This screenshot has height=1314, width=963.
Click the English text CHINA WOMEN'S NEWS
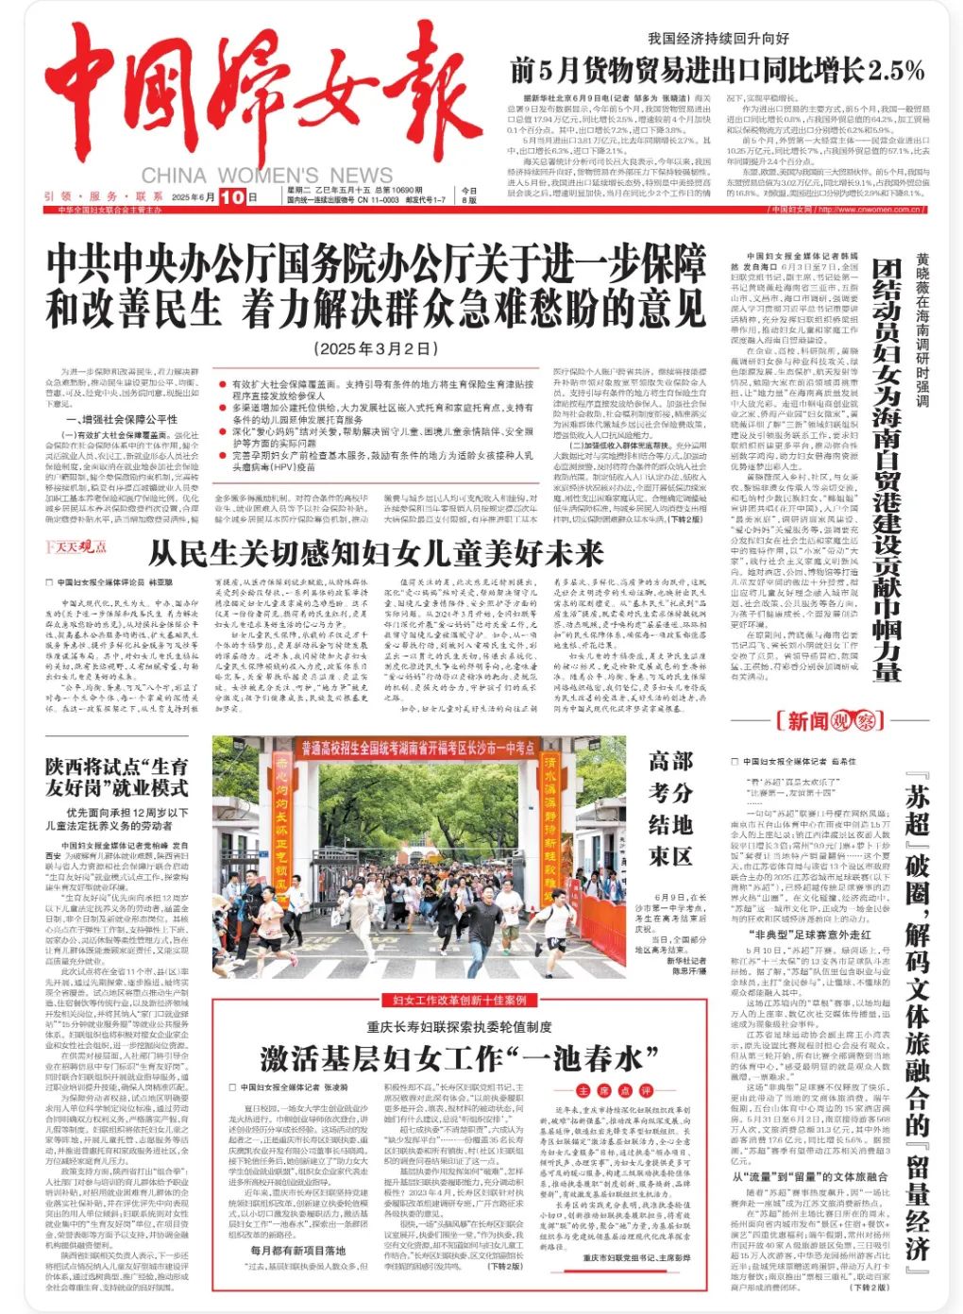click(x=266, y=176)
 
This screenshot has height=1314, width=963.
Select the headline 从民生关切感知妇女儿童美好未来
click(x=376, y=551)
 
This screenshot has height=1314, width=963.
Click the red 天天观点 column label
click(x=76, y=547)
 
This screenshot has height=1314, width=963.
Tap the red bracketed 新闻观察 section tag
click(x=824, y=721)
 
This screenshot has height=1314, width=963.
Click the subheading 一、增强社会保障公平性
click(x=122, y=419)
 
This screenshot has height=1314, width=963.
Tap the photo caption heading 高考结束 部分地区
click(x=670, y=807)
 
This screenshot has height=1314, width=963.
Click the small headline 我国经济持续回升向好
click(x=718, y=39)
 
